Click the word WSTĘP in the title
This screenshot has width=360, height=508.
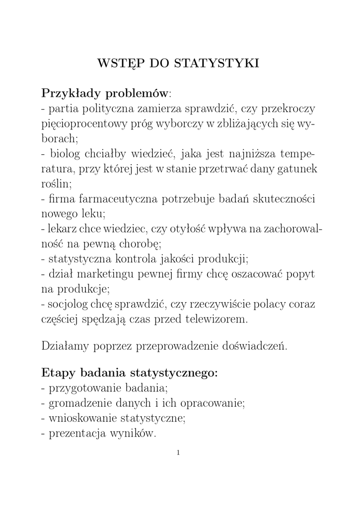click(117, 64)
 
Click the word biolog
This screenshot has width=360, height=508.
click(65, 154)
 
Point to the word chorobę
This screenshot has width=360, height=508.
click(139, 244)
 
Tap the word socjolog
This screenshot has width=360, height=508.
click(69, 304)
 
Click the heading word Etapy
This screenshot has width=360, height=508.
click(57, 373)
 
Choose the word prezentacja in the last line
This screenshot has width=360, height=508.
click(80, 433)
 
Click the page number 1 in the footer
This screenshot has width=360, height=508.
click(178, 452)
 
